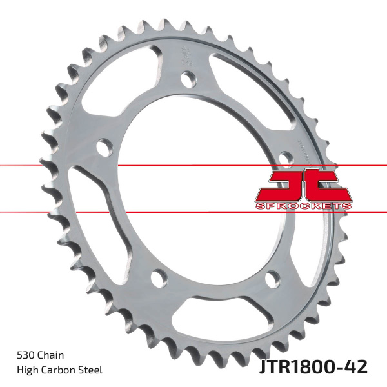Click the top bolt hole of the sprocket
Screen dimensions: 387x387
point(188,79)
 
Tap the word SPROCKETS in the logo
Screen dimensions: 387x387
point(303,205)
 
